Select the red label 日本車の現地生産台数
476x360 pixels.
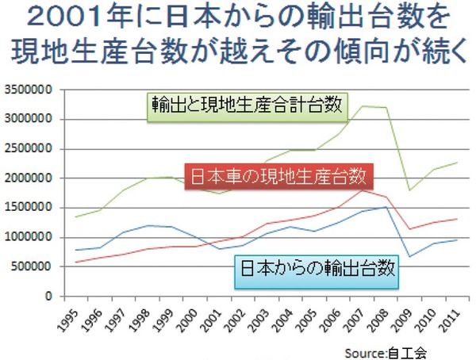(x=278, y=175)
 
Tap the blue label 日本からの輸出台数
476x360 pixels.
(x=317, y=270)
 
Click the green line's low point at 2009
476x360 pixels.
(x=409, y=190)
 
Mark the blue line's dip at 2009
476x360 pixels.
(x=409, y=257)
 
